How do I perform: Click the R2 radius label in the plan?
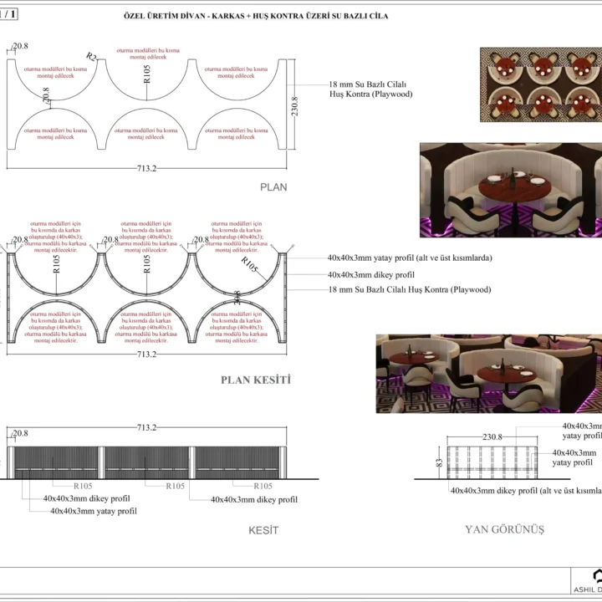(x=91, y=57)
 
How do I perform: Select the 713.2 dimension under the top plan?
(x=147, y=168)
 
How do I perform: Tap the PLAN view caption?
(x=273, y=187)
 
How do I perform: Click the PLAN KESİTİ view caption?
(x=255, y=379)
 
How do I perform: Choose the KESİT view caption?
(x=263, y=530)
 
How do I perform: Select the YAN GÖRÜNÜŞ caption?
(x=504, y=529)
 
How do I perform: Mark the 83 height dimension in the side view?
(x=438, y=460)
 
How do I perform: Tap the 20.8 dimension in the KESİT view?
(x=20, y=433)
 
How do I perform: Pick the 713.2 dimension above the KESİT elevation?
(x=147, y=427)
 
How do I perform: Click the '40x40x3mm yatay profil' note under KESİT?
(x=93, y=510)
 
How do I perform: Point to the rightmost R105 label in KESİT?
(x=263, y=486)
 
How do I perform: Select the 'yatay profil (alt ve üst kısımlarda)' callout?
(x=410, y=258)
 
